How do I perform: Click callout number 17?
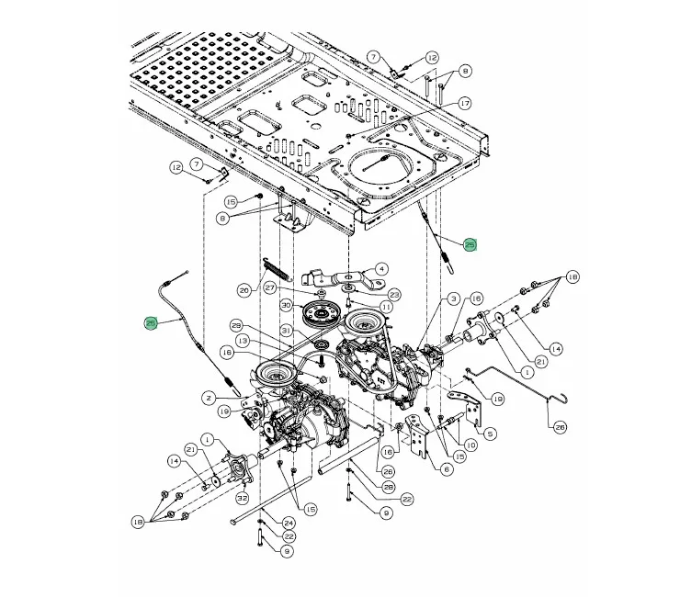(465, 104)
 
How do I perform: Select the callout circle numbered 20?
(244, 291)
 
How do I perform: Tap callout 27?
(270, 287)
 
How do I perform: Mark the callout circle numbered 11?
(386, 307)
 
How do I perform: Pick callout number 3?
(453, 298)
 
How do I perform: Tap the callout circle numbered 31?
(286, 331)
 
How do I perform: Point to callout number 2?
(209, 398)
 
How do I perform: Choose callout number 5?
(490, 434)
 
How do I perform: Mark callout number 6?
(448, 469)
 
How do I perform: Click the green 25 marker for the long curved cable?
(152, 323)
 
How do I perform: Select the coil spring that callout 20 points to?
(272, 274)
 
